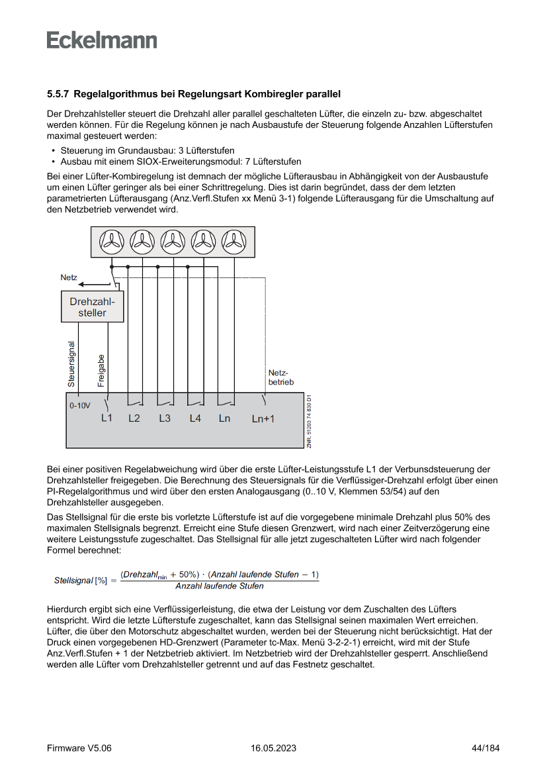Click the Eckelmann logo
tap(102, 40)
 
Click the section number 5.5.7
tap(59, 95)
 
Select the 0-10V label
tap(79, 405)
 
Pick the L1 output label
tap(107, 418)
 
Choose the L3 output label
tap(165, 418)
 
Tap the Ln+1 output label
tap(263, 419)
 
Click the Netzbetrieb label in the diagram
tap(280, 377)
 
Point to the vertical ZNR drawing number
tap(309, 422)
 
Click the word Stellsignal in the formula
tap(73, 580)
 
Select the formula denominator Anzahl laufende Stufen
tap(220, 586)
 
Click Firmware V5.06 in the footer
tap(79, 748)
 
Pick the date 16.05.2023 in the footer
tap(273, 748)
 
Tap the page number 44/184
tap(485, 748)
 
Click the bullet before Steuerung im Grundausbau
tap(52, 151)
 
